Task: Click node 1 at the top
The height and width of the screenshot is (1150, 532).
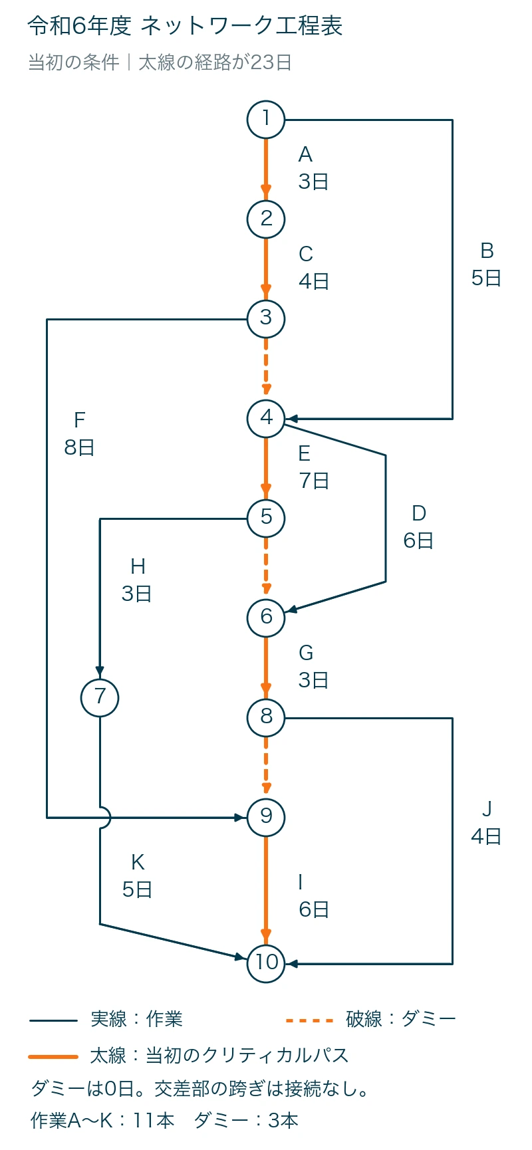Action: [266, 120]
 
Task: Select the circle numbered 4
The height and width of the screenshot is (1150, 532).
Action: [266, 418]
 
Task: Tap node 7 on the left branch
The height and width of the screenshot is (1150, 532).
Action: [100, 697]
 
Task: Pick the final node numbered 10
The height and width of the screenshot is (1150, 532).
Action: [266, 963]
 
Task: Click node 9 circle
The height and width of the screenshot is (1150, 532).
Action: [266, 817]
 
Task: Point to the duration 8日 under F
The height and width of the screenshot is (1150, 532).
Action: [79, 447]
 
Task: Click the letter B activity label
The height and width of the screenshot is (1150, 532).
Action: [487, 251]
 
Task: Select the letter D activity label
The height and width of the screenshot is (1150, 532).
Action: [419, 513]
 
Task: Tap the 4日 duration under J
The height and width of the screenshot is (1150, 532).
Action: [486, 836]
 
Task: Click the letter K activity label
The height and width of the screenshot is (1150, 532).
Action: [138, 862]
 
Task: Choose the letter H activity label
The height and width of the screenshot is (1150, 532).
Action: [138, 566]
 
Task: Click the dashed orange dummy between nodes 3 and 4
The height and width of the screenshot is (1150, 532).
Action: [266, 368]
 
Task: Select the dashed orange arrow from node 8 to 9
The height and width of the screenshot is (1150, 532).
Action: [266, 766]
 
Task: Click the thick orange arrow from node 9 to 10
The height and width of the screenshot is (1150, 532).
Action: [266, 889]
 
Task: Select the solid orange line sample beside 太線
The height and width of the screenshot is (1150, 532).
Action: [54, 1056]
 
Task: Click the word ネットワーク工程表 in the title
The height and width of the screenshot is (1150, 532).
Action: [242, 26]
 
